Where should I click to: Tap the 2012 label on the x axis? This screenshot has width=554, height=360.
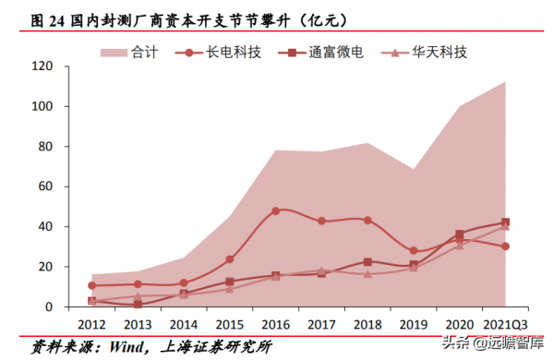click(x=91, y=324)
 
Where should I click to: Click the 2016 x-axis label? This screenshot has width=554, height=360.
click(x=276, y=324)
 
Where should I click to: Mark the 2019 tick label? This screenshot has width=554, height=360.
click(x=414, y=324)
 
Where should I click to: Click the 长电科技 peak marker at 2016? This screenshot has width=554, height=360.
click(x=276, y=211)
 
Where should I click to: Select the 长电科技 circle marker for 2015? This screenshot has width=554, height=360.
click(x=230, y=259)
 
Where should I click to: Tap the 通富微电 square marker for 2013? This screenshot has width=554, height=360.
click(x=138, y=304)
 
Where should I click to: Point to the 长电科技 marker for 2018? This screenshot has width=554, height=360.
click(x=367, y=221)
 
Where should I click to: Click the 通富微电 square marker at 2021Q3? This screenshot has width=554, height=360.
click(x=506, y=222)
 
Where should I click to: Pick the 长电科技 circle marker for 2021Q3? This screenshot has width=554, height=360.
click(x=506, y=246)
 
